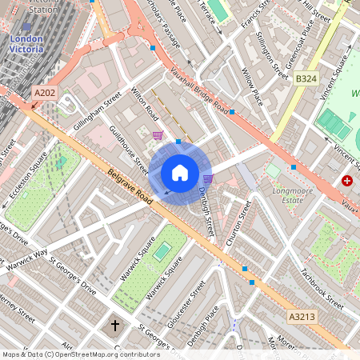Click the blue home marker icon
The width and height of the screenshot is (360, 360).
pos(180,173)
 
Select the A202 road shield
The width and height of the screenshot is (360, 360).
pos(45,94)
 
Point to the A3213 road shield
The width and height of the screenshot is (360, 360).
pos(302,318)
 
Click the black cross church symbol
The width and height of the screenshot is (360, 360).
pos(114,326)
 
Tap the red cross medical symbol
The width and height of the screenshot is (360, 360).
pos(347,182)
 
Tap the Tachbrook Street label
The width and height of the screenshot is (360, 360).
pos(321,286)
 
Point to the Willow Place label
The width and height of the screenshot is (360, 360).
pos(252,87)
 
